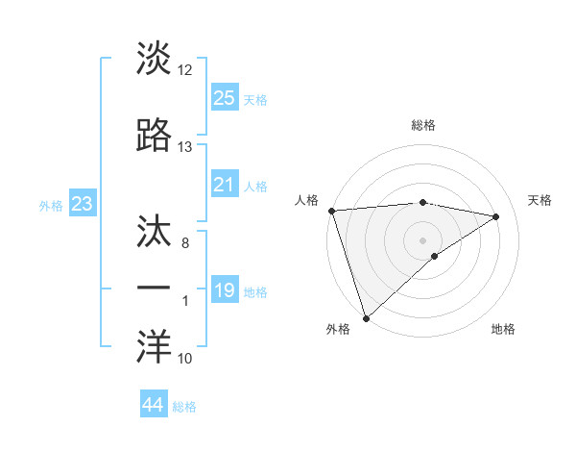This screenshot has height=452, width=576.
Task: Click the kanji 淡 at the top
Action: (154, 60)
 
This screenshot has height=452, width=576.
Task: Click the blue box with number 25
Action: (225, 97)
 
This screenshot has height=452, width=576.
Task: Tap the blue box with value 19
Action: (225, 290)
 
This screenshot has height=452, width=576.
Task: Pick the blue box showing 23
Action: (83, 203)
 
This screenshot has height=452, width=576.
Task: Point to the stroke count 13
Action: (184, 146)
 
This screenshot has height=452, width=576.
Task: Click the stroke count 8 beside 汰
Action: (184, 244)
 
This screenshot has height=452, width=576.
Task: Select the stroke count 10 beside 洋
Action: (184, 359)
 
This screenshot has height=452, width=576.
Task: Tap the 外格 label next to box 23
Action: (51, 205)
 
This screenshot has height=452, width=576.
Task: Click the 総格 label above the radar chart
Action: (423, 125)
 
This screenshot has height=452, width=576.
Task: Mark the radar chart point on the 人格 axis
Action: (331, 211)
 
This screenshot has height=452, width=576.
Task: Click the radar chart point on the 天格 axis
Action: (496, 216)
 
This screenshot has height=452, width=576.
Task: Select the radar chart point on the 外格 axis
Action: (366, 317)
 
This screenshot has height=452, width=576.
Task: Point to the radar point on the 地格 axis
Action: (435, 256)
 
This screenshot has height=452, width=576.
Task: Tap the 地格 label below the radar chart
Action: (503, 329)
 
